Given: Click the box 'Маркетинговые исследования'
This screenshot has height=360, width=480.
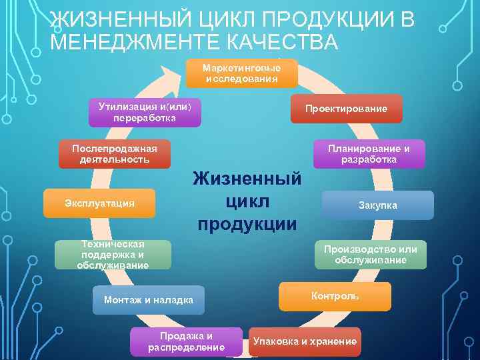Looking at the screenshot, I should click(x=241, y=73).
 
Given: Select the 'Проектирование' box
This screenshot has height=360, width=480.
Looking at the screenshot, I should click(x=346, y=109).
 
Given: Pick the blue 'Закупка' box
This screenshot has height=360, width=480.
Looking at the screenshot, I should click(x=377, y=205).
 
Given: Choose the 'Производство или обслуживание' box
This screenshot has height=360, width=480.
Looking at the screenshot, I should click(x=370, y=255).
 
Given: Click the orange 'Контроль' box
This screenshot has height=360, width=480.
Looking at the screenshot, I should click(x=335, y=296).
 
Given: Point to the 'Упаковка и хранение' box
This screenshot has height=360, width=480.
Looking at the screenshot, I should click(x=305, y=341).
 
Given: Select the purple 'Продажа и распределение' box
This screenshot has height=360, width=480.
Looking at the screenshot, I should click(x=187, y=341).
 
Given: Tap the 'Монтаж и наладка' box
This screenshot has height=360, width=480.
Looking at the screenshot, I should click(x=149, y=300).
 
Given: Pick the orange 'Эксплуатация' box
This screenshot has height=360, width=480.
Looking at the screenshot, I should click(x=99, y=203).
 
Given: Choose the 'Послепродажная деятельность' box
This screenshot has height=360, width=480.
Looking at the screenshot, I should click(x=114, y=154).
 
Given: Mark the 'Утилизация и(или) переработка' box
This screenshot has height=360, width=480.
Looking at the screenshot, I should click(x=145, y=112).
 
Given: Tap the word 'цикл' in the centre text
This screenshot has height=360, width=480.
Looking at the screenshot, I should click(x=246, y=201).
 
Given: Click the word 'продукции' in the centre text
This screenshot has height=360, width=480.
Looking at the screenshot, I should click(x=247, y=223).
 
